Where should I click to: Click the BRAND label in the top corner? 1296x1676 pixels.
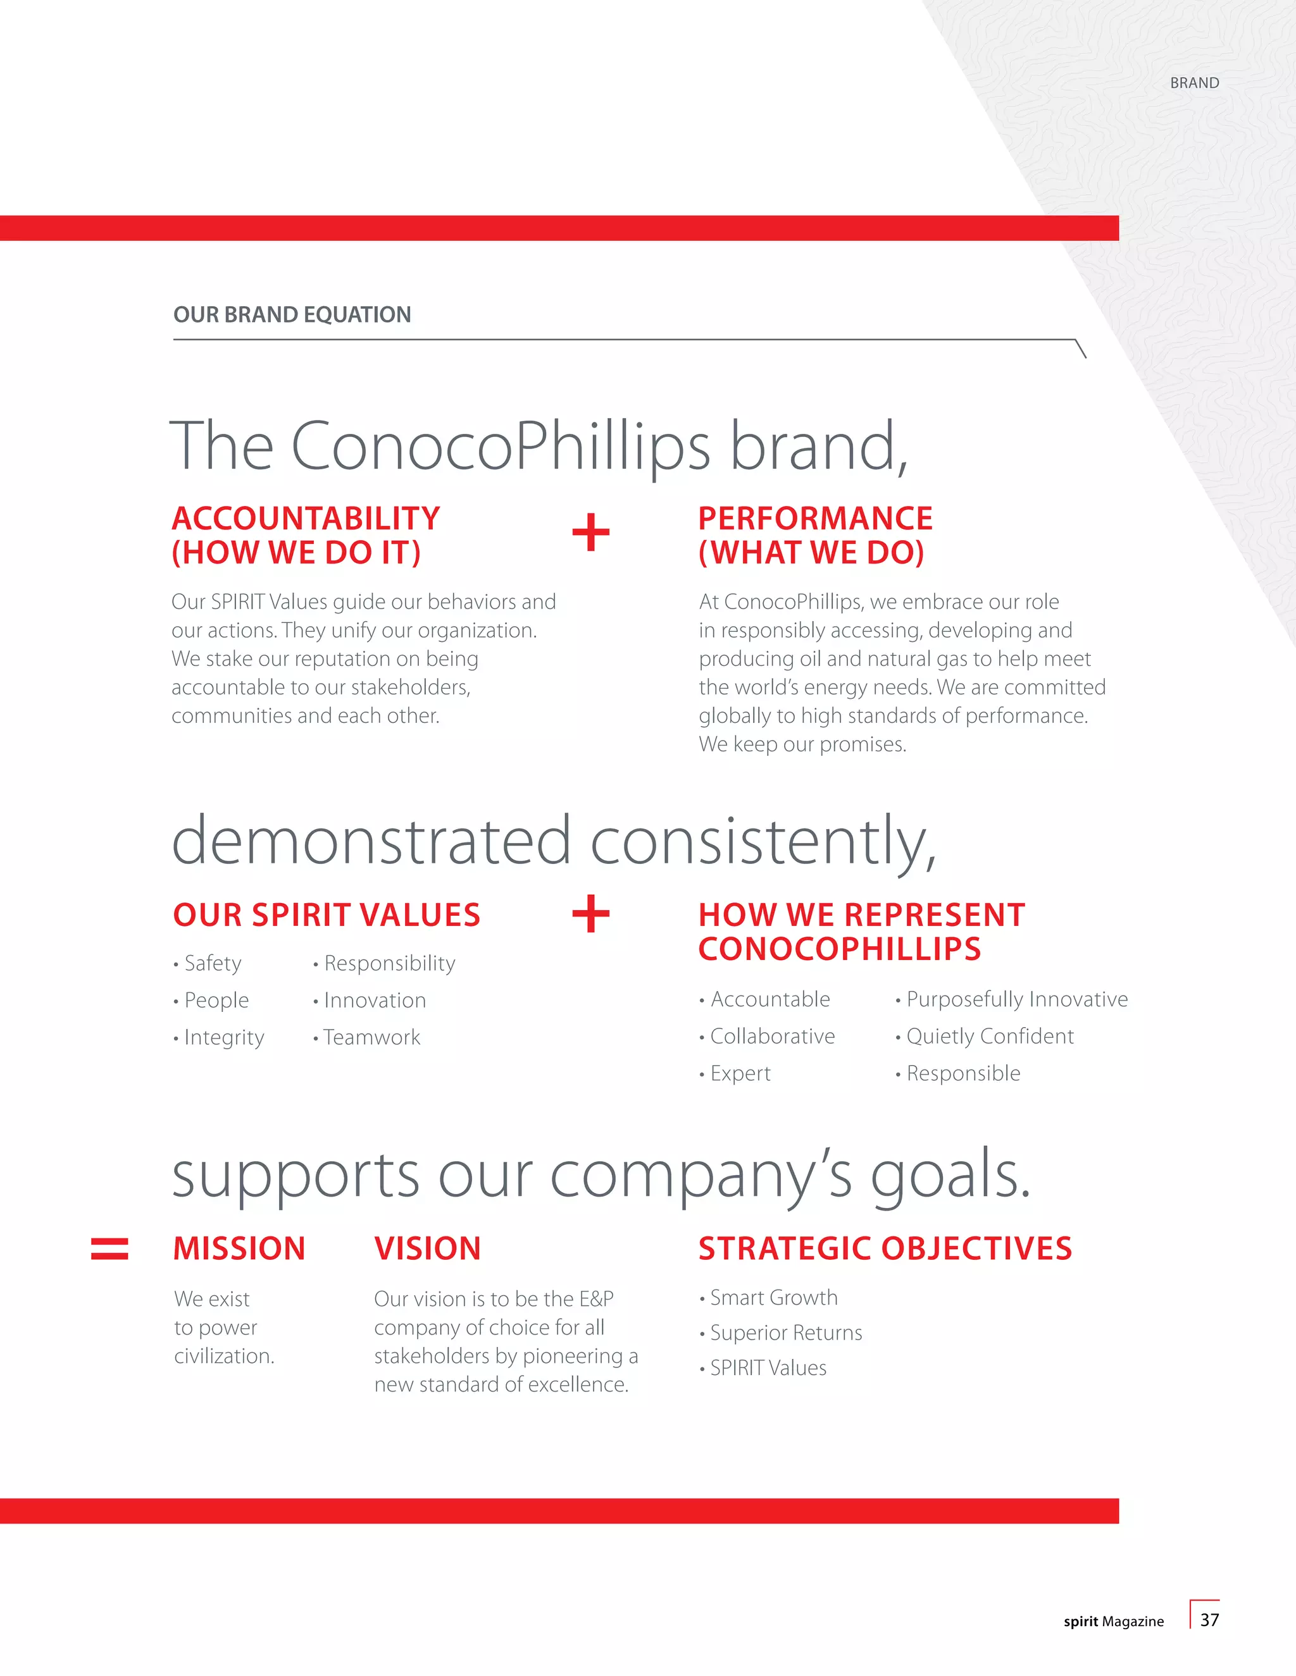click(1194, 83)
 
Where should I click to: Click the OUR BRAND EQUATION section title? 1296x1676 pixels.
click(292, 314)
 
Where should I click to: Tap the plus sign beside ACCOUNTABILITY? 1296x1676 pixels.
click(590, 533)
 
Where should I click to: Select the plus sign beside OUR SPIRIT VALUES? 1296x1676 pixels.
click(590, 914)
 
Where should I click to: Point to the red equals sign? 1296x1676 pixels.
click(109, 1248)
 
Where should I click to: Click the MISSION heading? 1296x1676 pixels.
click(239, 1248)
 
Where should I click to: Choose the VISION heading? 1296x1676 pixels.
click(428, 1248)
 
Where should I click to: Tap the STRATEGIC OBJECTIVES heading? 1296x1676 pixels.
click(885, 1248)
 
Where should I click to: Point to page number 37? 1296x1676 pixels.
click(1209, 1620)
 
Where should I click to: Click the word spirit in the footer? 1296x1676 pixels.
click(1080, 1622)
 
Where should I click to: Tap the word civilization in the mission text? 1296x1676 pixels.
click(223, 1356)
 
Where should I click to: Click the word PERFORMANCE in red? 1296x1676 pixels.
click(815, 519)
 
